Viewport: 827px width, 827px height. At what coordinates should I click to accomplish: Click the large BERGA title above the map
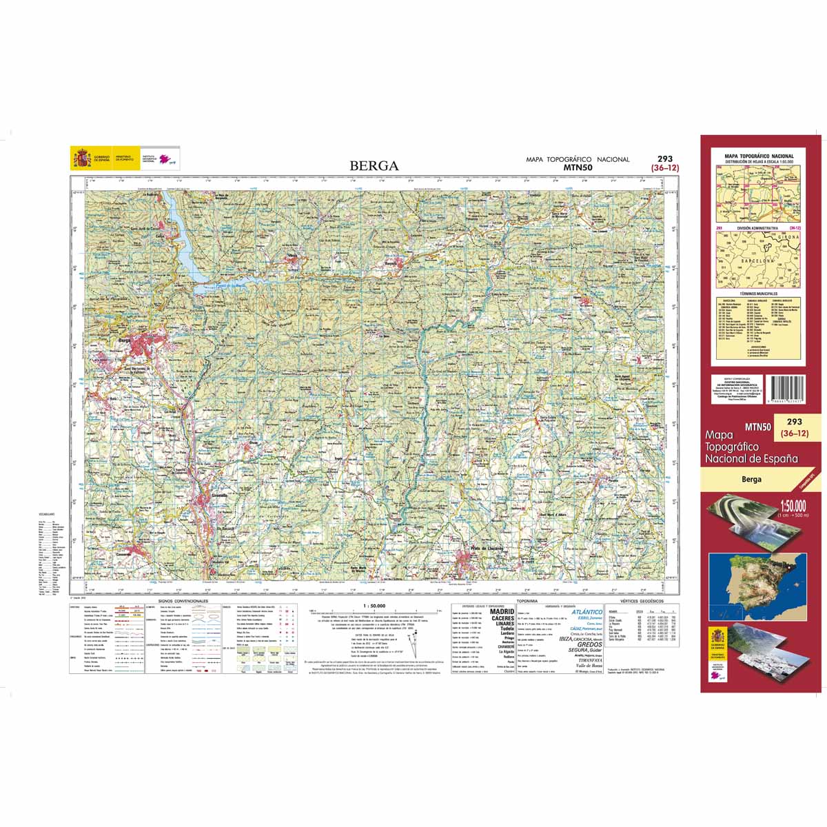point(374,165)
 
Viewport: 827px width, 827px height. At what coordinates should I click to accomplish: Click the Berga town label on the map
point(125,339)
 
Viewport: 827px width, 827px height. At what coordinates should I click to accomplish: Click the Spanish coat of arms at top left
point(81,160)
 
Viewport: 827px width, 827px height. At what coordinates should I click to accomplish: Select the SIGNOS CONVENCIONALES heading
point(183,602)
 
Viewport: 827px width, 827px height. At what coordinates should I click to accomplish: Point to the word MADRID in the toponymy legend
point(501,611)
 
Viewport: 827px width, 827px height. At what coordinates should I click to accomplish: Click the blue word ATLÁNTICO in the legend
point(586,612)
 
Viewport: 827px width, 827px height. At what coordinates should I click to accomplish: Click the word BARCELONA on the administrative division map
point(758,261)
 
